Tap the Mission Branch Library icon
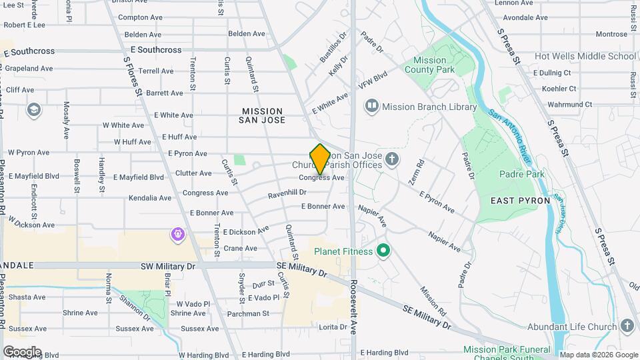click(x=371, y=106)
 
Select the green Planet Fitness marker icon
click(x=383, y=251)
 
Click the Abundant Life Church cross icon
click(x=626, y=326)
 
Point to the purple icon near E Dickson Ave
click(x=177, y=234)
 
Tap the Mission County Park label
click(x=429, y=65)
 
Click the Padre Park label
click(x=521, y=175)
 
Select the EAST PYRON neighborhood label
click(x=520, y=200)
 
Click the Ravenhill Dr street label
click(x=287, y=193)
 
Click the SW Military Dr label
click(x=168, y=266)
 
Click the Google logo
click(x=21, y=351)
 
